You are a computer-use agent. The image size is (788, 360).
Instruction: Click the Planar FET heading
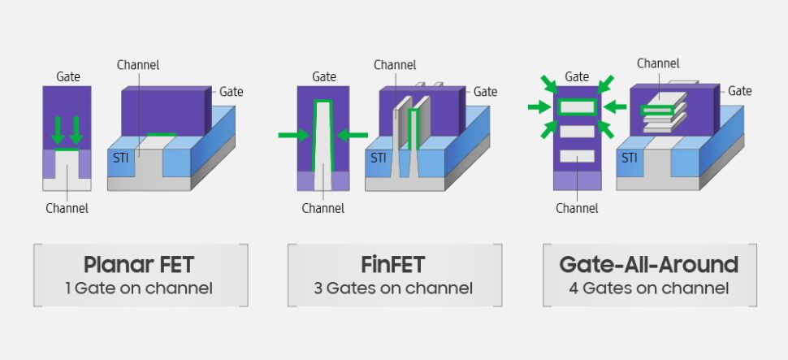point(140,265)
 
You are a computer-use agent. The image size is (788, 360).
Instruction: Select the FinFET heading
point(394,265)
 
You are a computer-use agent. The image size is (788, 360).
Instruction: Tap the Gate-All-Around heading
point(649,265)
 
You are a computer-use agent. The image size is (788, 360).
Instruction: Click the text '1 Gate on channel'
point(140,288)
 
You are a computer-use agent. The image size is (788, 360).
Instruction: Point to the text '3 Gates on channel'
point(394,288)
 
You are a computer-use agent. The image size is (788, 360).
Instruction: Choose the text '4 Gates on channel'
point(649,288)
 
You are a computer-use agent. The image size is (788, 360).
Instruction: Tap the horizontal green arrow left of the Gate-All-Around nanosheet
point(539,106)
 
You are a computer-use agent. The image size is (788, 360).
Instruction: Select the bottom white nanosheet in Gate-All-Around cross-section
point(577,156)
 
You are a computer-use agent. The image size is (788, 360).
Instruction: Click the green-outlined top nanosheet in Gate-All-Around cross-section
point(577,106)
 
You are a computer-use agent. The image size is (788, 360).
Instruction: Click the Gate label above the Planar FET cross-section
point(68,76)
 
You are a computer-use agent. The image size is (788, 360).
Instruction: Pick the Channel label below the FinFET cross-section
point(323,208)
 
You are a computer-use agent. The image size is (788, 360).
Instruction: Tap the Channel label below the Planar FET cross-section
point(67,208)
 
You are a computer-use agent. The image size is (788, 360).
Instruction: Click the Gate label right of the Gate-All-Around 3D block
point(739,91)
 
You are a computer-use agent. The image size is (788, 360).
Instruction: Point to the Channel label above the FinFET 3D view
point(395,65)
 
